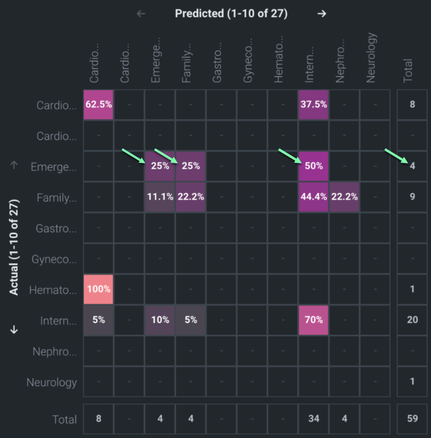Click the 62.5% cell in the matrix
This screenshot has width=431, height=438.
99,105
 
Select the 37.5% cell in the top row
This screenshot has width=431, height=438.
314,105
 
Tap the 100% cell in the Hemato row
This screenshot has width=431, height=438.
99,289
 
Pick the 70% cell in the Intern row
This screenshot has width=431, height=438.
314,320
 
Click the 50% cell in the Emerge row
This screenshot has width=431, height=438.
314,166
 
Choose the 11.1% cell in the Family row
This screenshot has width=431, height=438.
160,196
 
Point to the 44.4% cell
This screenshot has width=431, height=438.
314,196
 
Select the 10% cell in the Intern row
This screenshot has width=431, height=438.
160,320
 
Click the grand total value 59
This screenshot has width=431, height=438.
412,419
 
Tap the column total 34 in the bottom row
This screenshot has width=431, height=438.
314,419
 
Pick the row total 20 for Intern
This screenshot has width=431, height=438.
412,320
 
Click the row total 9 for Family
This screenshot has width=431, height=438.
412,196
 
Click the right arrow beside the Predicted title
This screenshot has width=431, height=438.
321,14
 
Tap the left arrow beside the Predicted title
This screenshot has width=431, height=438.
141,14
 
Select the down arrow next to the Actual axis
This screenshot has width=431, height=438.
14,329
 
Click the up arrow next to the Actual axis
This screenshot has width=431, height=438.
14,165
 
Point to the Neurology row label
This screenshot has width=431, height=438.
51,382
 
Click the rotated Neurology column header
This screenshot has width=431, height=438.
371,58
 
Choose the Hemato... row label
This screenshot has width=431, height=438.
53,290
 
